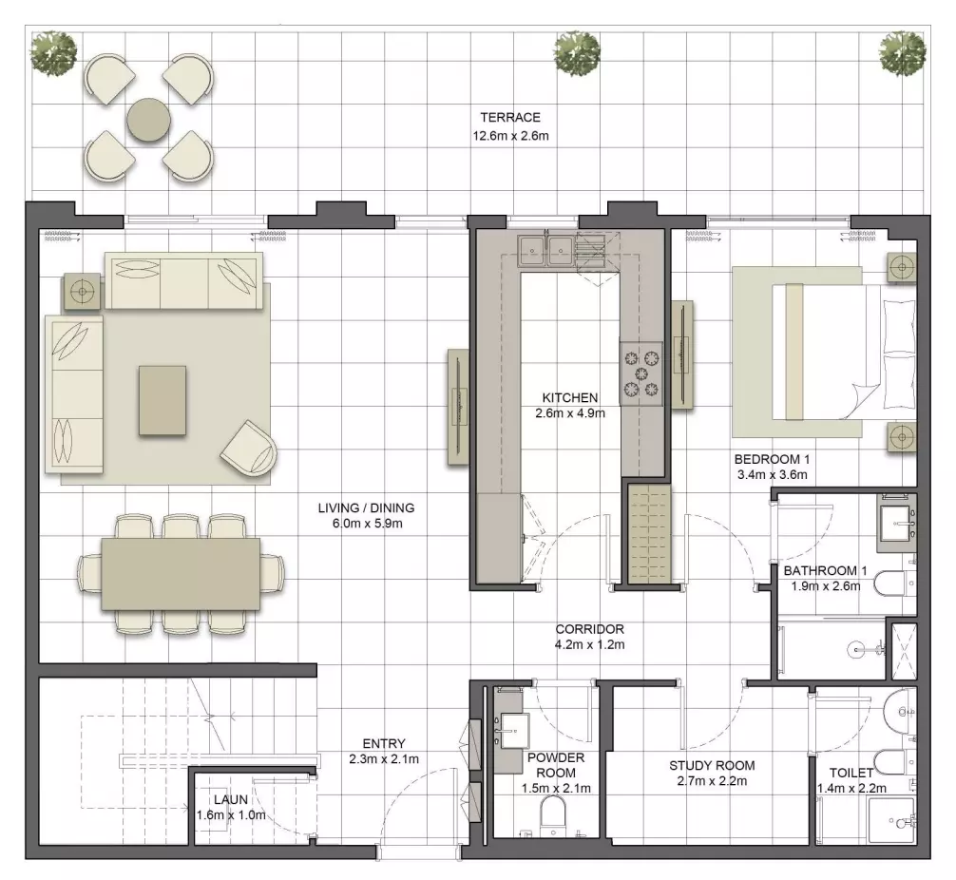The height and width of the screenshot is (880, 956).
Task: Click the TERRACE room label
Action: tap(510, 117)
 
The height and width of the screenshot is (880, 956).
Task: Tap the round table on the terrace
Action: tap(149, 120)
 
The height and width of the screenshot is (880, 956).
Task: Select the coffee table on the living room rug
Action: tap(163, 400)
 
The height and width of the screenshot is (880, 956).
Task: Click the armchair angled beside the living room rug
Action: tap(248, 449)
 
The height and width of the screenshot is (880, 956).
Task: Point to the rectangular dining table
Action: tap(182, 574)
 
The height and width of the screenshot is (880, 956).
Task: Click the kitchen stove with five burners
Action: tap(641, 373)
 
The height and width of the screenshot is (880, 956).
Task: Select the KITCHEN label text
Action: tap(570, 397)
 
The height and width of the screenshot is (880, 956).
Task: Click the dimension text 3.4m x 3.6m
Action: tap(772, 474)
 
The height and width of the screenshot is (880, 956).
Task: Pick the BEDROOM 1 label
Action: tap(772, 459)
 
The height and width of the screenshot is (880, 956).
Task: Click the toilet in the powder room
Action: tap(554, 813)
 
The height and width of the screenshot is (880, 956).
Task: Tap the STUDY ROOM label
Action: tap(712, 765)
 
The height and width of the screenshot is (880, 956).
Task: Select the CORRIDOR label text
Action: tap(589, 629)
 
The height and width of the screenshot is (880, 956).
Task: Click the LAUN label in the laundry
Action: tap(231, 799)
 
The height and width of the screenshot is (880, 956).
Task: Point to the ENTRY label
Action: tap(384, 743)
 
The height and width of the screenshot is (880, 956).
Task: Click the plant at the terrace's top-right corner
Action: tap(903, 53)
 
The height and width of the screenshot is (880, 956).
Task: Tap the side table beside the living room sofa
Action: tap(83, 292)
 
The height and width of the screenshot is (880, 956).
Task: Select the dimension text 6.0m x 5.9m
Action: tap(368, 524)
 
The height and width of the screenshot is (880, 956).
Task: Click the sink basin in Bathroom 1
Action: tap(896, 523)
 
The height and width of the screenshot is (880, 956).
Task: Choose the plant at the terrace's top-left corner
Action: tap(53, 54)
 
